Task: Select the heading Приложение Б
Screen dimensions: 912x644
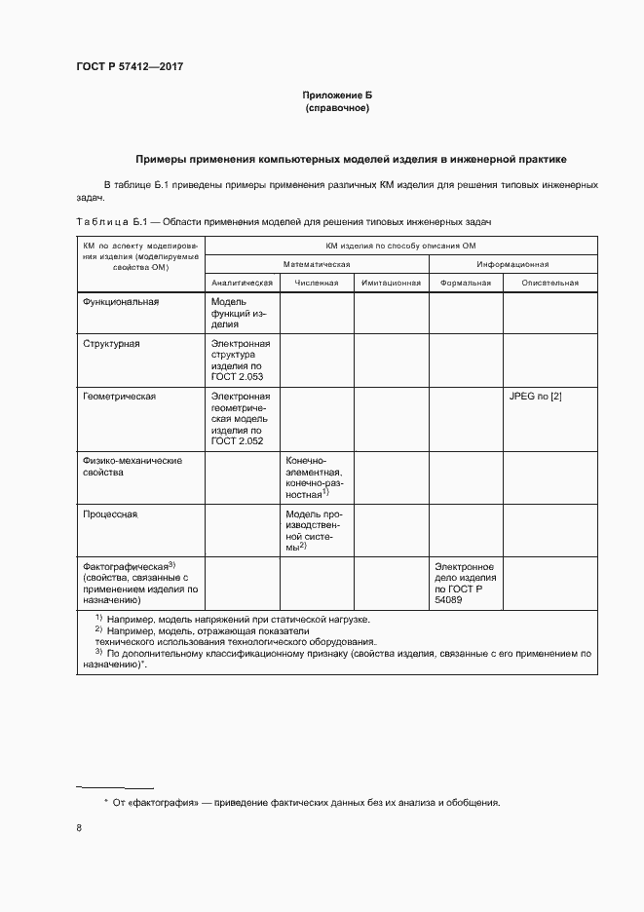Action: point(337,95)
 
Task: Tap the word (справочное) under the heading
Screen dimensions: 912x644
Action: point(337,108)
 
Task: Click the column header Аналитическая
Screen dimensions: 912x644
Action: point(243,283)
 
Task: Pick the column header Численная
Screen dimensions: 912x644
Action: point(317,283)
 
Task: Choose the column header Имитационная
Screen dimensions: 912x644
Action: point(391,283)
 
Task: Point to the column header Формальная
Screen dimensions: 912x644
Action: point(465,283)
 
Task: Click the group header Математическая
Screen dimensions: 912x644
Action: point(317,264)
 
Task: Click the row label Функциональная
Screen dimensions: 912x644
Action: point(121,302)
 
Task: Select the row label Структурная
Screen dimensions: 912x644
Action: point(112,344)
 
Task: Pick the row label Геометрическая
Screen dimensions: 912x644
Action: point(120,397)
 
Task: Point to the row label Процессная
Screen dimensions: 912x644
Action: point(110,513)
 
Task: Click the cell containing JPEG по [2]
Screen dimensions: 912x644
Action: point(536,397)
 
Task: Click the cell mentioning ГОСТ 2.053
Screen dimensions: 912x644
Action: point(241,360)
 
